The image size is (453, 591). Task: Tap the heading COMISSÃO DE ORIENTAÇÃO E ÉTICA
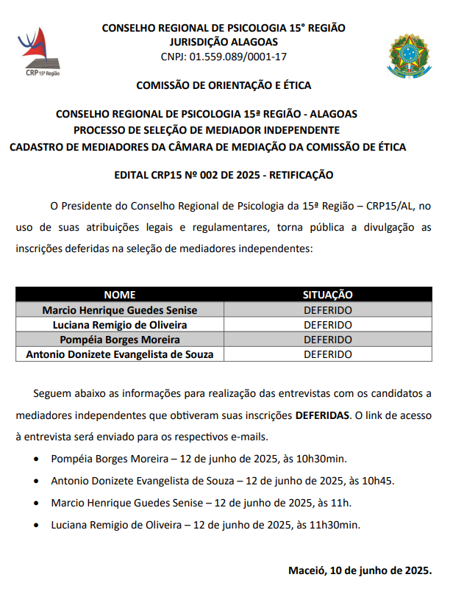point(224,85)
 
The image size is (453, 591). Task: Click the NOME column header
point(120,295)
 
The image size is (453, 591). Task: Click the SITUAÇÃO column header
point(328,295)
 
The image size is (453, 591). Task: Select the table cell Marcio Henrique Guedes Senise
point(120,310)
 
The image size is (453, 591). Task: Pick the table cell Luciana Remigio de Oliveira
point(120,325)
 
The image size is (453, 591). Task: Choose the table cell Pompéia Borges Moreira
point(120,340)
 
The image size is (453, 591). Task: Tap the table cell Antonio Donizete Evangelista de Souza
point(120,354)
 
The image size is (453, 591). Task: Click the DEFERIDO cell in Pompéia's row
point(328,340)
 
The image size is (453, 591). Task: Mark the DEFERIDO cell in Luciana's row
point(328,325)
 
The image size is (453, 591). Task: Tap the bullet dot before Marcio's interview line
point(38,504)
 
